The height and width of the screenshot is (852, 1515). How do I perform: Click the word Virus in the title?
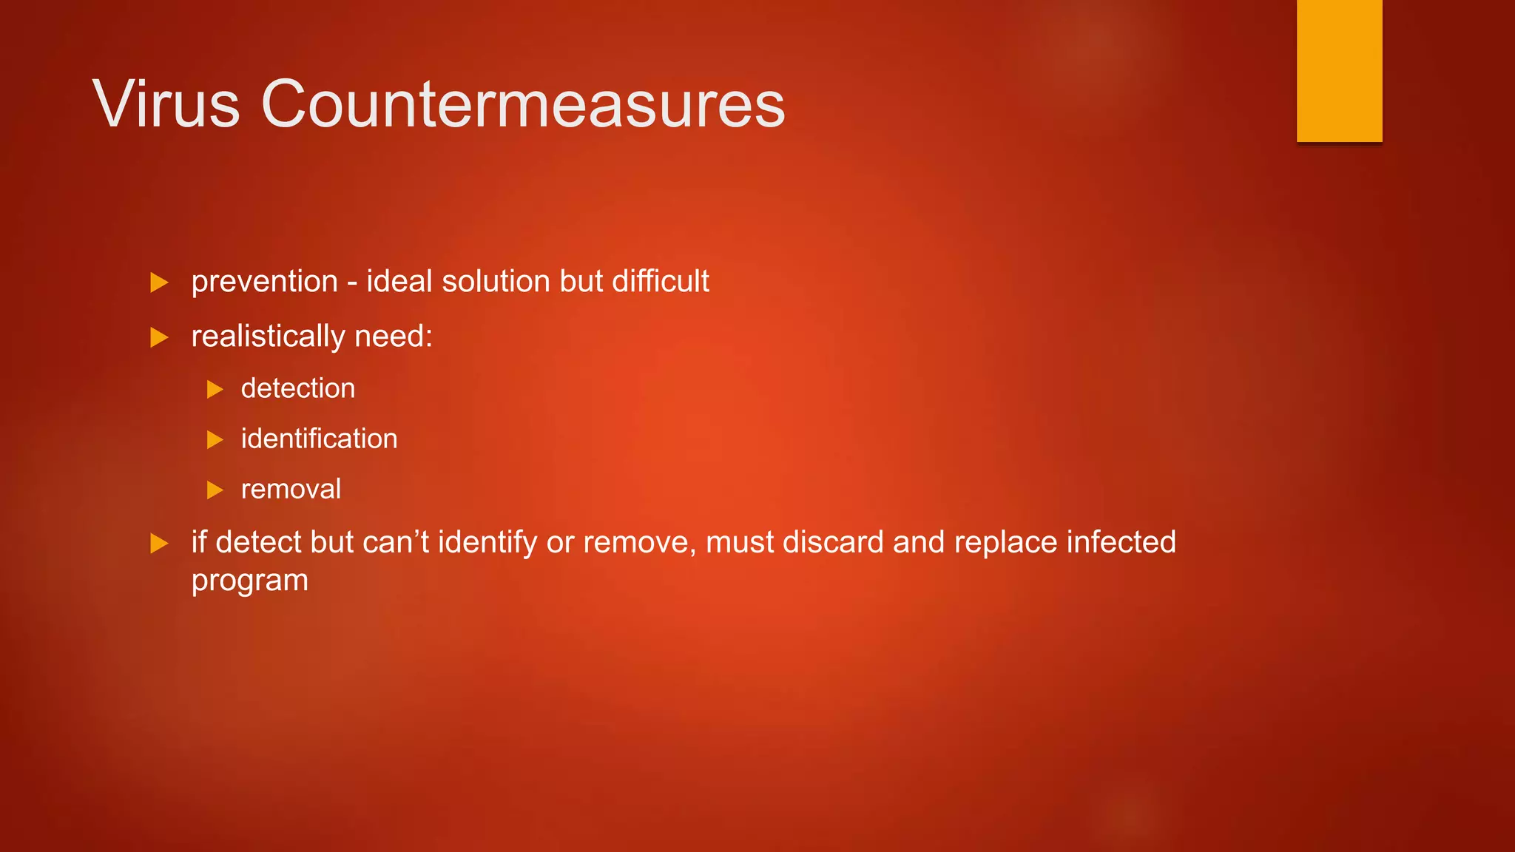pos(166,104)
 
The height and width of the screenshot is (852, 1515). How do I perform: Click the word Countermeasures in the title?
pos(522,104)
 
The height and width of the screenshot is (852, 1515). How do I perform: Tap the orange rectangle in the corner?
pos(1339,70)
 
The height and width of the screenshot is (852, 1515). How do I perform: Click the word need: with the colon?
pos(394,337)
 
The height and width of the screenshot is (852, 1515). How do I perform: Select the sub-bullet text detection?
pos(298,389)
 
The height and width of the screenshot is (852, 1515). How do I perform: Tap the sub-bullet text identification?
pos(319,439)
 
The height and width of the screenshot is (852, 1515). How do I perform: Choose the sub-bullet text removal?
pos(291,490)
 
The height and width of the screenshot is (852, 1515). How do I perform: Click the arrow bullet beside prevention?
pos(159,283)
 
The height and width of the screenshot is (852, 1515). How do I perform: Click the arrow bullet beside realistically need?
pos(159,338)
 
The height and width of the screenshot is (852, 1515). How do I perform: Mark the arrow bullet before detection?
pos(215,389)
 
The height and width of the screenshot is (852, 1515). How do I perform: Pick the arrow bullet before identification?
pos(215,440)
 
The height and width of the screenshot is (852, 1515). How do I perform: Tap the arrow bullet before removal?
pos(215,490)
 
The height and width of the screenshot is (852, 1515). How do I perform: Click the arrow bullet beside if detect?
pos(159,544)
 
